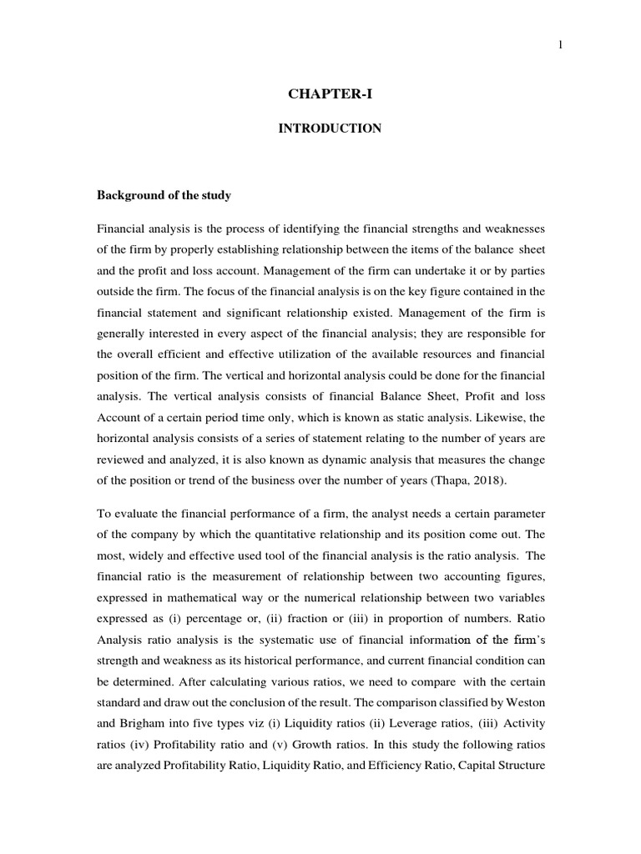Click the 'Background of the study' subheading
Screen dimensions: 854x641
[x=164, y=195]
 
